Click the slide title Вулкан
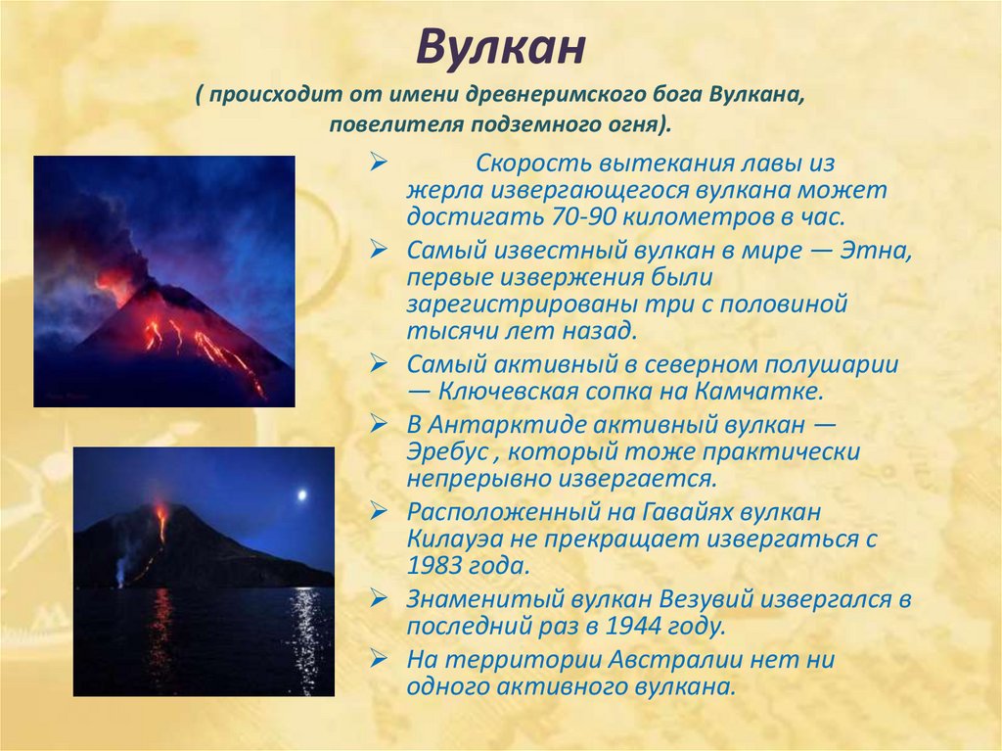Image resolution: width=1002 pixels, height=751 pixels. pos(501,47)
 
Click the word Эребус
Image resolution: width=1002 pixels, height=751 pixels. pos(448,451)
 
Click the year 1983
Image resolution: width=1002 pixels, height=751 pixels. pos(433,566)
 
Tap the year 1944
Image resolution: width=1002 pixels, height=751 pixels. pos(633,626)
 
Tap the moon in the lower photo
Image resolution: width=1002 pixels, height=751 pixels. pos(302,495)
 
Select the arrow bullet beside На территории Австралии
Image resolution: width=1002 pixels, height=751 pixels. pos(379,658)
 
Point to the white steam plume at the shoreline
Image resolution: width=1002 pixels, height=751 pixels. pos(121,567)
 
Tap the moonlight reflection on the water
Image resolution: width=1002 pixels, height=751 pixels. pos(305,639)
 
